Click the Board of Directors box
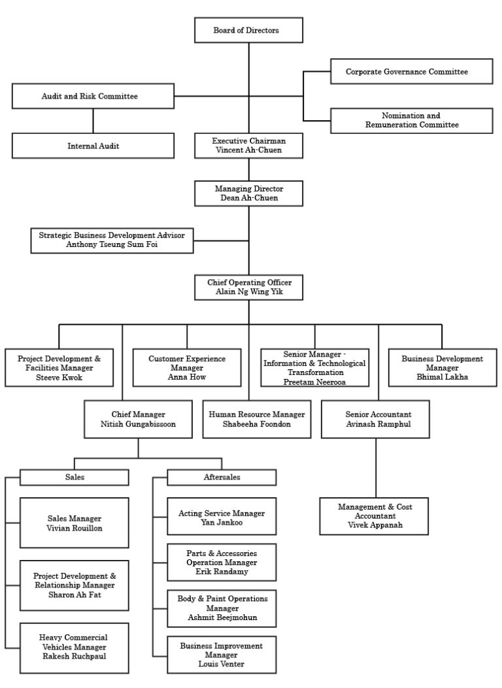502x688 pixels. click(x=248, y=30)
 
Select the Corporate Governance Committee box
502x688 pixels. click(x=411, y=71)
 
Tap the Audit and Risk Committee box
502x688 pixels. click(x=93, y=96)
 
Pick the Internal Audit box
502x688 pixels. click(x=93, y=146)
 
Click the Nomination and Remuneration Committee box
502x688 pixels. click(x=411, y=120)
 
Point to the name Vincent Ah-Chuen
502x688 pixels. click(x=248, y=150)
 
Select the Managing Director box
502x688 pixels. click(x=248, y=193)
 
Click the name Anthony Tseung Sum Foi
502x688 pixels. click(x=112, y=244)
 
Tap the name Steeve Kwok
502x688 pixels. click(x=59, y=377)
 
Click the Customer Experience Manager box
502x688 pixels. click(x=187, y=368)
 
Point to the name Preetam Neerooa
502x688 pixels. click(x=314, y=382)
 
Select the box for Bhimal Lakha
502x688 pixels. click(x=442, y=368)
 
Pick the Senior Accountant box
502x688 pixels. click(x=378, y=419)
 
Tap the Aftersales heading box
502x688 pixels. click(x=222, y=478)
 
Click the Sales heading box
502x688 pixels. click(x=75, y=478)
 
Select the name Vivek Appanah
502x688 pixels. click(x=375, y=525)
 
